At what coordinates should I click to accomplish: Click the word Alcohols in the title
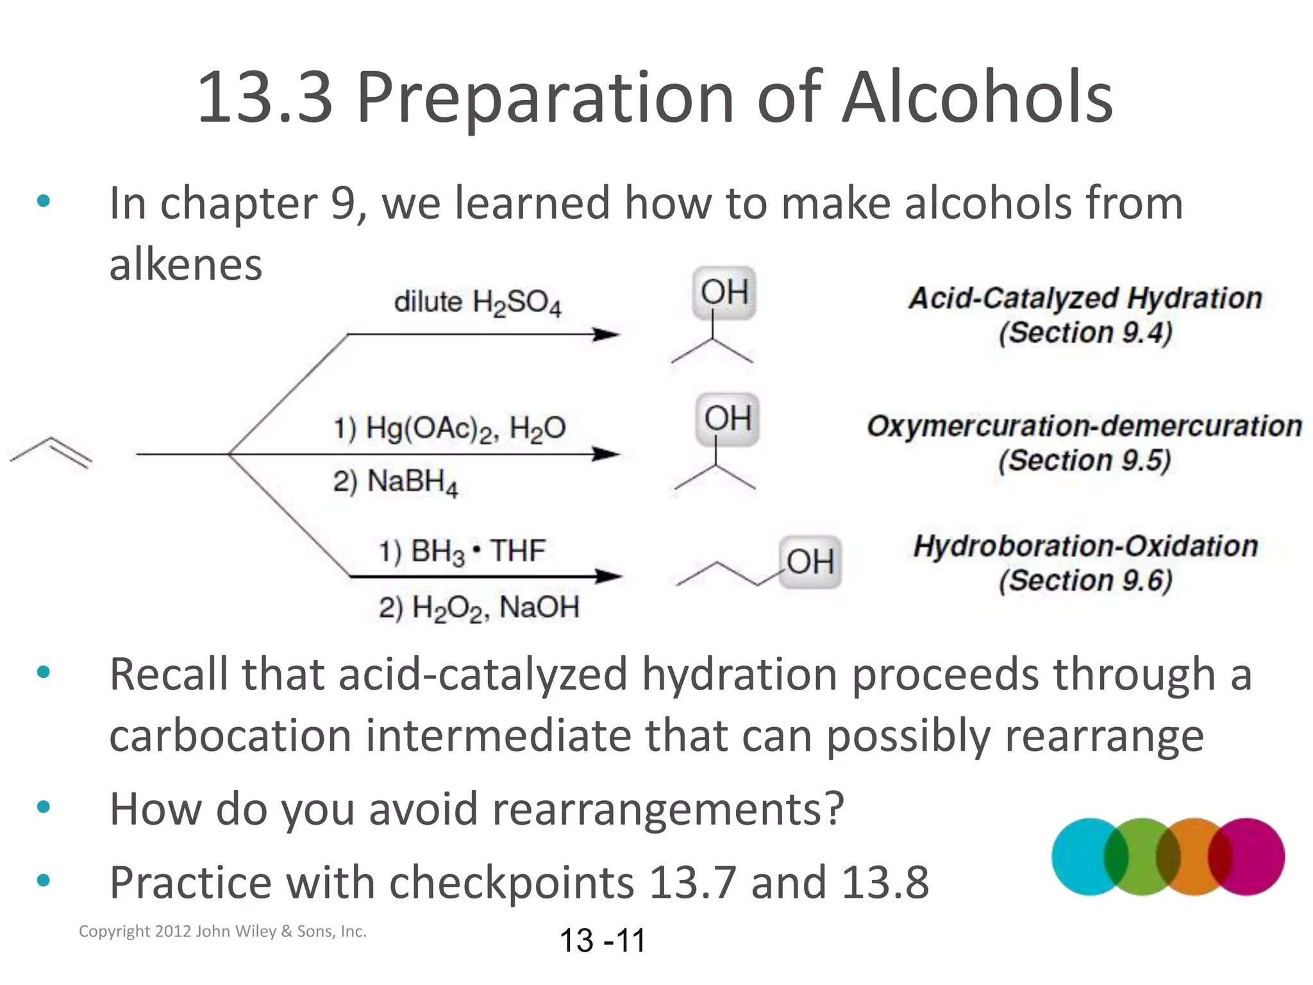coord(977,97)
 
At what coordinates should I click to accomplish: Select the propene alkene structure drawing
coord(51,453)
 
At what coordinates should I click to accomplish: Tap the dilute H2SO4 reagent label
coord(478,303)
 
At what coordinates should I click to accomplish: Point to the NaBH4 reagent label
coord(396,482)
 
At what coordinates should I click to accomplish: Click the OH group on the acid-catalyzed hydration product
coord(724,292)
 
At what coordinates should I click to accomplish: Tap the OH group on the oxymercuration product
coord(727,419)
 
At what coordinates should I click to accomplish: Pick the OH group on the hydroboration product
coord(810,562)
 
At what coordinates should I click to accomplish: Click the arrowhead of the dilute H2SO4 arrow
coord(605,334)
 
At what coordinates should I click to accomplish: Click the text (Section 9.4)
coord(1085,333)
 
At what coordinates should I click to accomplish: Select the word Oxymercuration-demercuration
coord(1084,426)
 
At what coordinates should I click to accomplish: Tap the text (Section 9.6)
coord(1085,581)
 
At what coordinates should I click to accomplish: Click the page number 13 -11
coord(602,941)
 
